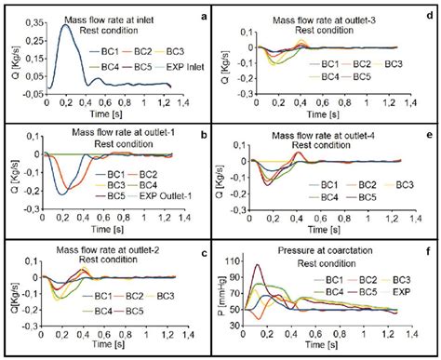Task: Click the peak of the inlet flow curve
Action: pyautogui.click(x=65, y=25)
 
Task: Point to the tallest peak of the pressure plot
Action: pyautogui.click(x=284, y=265)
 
